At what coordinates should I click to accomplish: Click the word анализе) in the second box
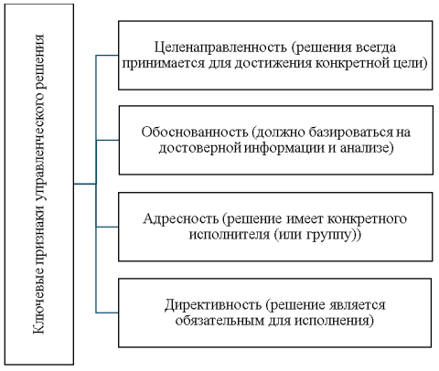[365, 148]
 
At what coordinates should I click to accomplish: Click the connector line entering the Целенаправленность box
[108, 55]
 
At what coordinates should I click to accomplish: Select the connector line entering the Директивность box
[108, 313]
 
